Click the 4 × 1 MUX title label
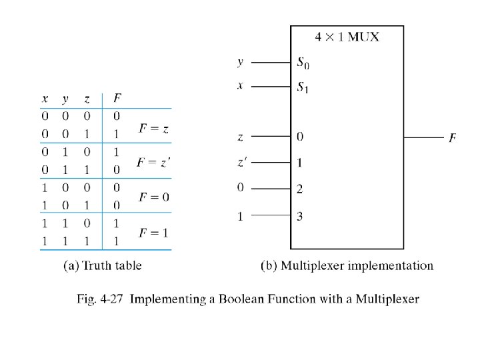tap(347, 37)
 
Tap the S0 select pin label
tap(303, 63)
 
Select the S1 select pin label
tap(303, 87)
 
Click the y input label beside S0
tap(241, 63)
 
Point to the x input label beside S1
tap(240, 85)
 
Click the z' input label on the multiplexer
tap(242, 162)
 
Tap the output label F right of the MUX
tap(453, 138)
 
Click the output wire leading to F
tap(424, 137)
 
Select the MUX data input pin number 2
tap(300, 189)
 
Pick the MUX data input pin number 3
tap(300, 216)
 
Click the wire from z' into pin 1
tap(271, 162)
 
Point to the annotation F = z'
tap(154, 162)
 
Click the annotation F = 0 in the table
tap(154, 197)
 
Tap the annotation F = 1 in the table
tap(153, 233)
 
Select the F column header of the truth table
tap(117, 98)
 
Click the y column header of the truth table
tap(65, 99)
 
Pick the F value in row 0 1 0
tap(116, 152)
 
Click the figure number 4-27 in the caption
tap(111, 299)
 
